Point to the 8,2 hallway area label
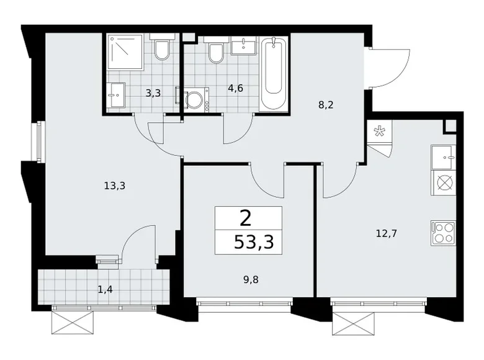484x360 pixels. pos(326,106)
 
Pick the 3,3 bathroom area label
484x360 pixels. pos(153,94)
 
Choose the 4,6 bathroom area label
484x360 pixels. pos(218,88)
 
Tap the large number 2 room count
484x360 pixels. pos(246,218)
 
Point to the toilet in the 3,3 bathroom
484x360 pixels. pos(162,50)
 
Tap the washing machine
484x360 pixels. pos(195,100)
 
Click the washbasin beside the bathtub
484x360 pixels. pos(244,45)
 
